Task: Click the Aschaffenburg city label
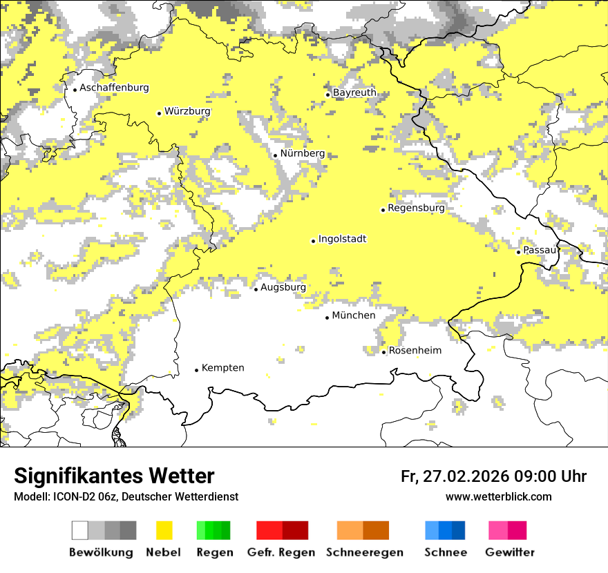114,88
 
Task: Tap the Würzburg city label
187,111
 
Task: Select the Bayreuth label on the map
354,93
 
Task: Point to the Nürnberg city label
302,153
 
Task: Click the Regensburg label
416,208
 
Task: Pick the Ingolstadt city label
342,239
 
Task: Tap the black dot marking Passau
518,252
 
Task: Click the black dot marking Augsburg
256,289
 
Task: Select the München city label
354,315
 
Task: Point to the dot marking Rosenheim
384,352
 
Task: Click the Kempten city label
222,368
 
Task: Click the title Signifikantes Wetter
114,476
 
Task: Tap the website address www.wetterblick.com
498,496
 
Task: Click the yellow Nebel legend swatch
164,530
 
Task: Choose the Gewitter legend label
510,552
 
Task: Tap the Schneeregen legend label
364,552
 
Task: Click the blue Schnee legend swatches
445,530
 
